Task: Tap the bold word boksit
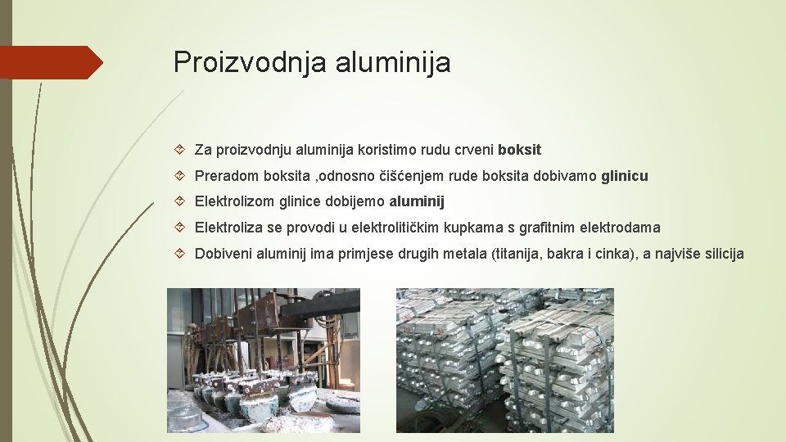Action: click(x=519, y=150)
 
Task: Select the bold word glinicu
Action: click(x=624, y=176)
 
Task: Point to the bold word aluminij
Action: click(x=417, y=201)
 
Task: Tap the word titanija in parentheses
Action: click(x=517, y=254)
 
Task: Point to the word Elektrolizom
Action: click(x=233, y=201)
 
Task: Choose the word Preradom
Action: click(x=224, y=176)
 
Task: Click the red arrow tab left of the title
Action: click(x=51, y=62)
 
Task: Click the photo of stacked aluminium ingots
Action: click(x=504, y=359)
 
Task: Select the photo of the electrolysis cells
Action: click(x=264, y=359)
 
